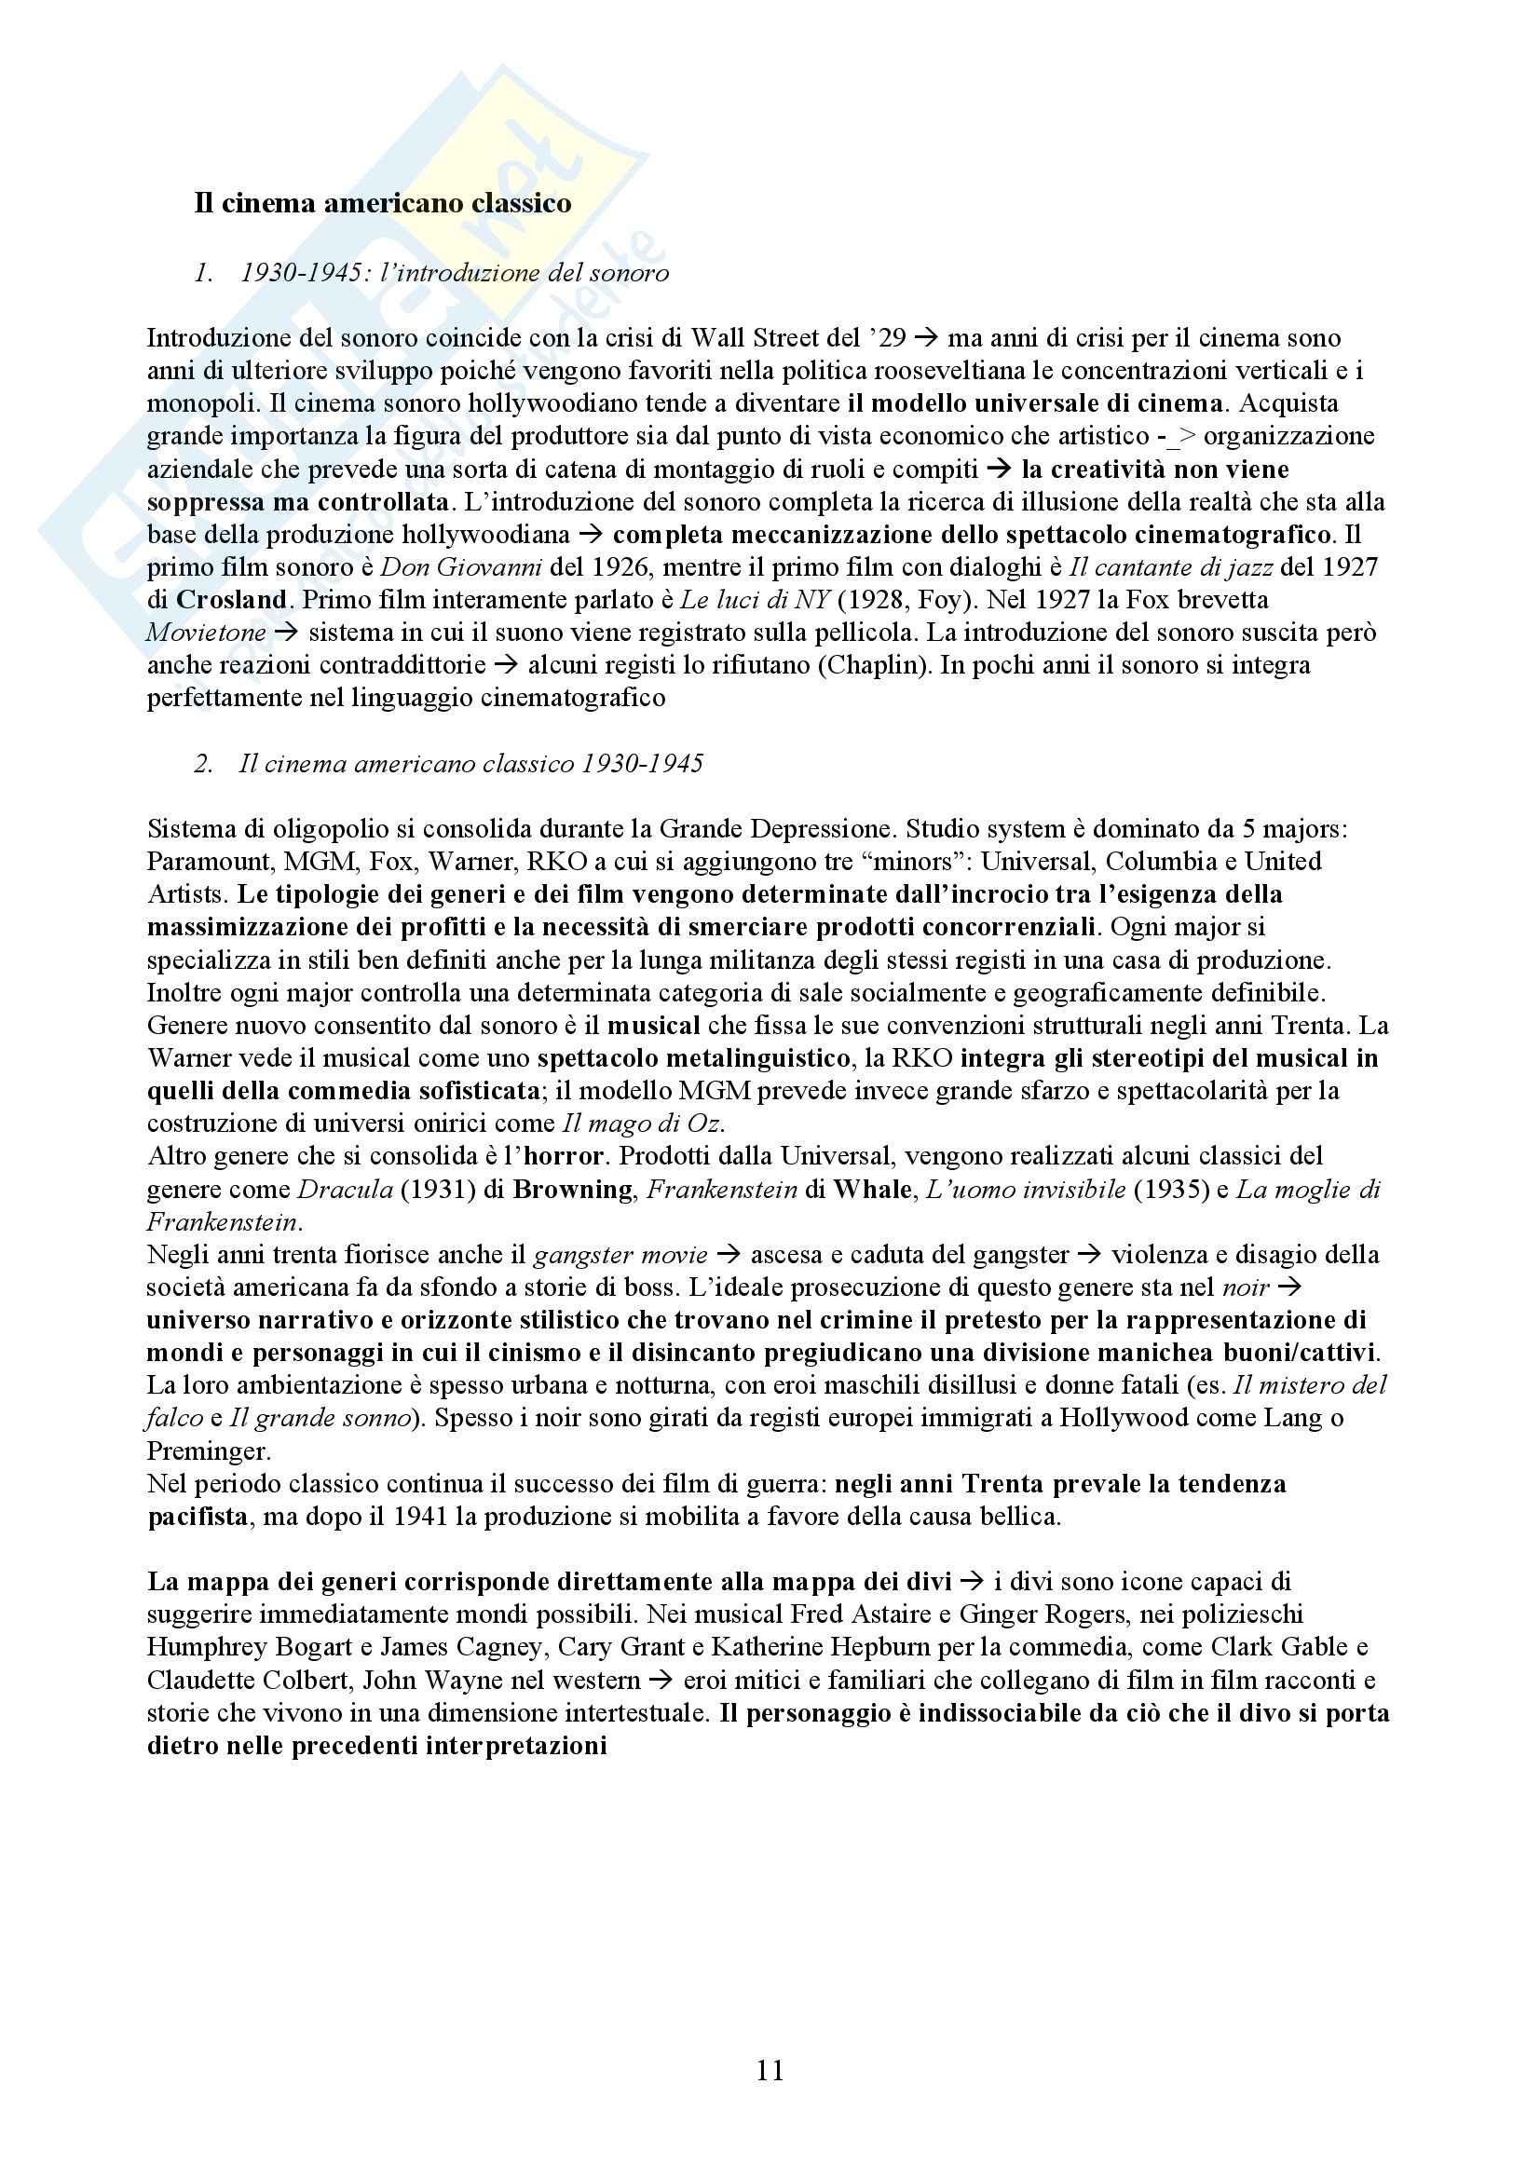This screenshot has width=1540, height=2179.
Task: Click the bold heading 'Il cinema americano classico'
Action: [382, 203]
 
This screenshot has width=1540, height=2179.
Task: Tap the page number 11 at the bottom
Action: [770, 2070]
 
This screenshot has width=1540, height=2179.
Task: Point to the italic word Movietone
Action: [205, 632]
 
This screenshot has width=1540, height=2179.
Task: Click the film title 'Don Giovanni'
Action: [461, 566]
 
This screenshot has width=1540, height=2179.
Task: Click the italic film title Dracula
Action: [346, 1189]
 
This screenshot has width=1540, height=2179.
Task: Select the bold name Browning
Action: [572, 1189]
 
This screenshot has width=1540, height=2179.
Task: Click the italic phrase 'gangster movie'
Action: [620, 1255]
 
